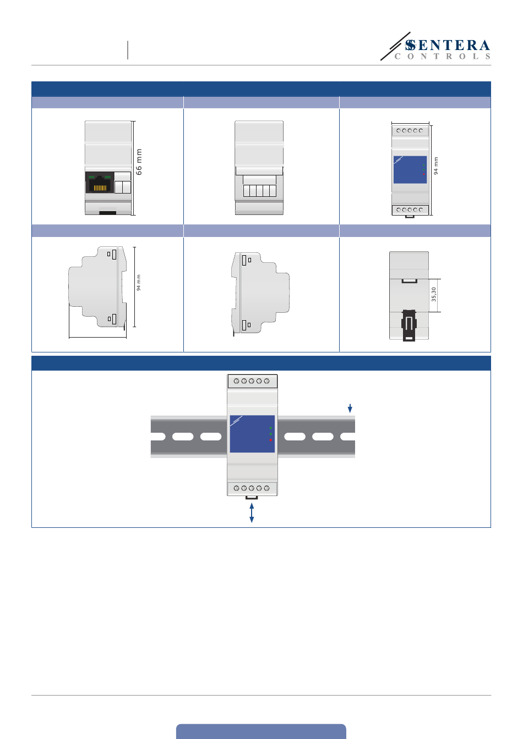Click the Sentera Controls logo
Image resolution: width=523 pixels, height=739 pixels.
click(436, 48)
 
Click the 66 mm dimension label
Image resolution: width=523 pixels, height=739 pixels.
click(139, 162)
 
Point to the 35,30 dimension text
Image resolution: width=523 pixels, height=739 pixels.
click(434, 294)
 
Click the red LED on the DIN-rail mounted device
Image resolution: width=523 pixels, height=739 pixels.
click(270, 440)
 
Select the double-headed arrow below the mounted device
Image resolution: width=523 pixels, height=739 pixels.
click(252, 512)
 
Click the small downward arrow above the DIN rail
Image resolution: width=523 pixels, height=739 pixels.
click(350, 409)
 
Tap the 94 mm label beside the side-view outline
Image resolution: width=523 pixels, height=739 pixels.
click(139, 283)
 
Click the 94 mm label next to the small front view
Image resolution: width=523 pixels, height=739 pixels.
click(436, 166)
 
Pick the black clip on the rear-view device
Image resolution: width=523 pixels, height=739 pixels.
click(408, 325)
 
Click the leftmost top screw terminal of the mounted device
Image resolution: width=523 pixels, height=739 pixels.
click(236, 381)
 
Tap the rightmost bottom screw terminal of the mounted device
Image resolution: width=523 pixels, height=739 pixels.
click(267, 488)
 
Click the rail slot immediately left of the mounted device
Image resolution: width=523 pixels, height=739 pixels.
click(211, 437)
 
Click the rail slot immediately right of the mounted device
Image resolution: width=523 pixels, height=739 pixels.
click(295, 437)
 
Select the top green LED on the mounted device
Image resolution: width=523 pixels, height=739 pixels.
click(270, 427)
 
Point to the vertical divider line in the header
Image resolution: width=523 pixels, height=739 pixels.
click(128, 50)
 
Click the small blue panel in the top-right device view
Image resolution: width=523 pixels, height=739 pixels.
click(410, 169)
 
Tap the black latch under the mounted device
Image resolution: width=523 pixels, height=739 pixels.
click(252, 498)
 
